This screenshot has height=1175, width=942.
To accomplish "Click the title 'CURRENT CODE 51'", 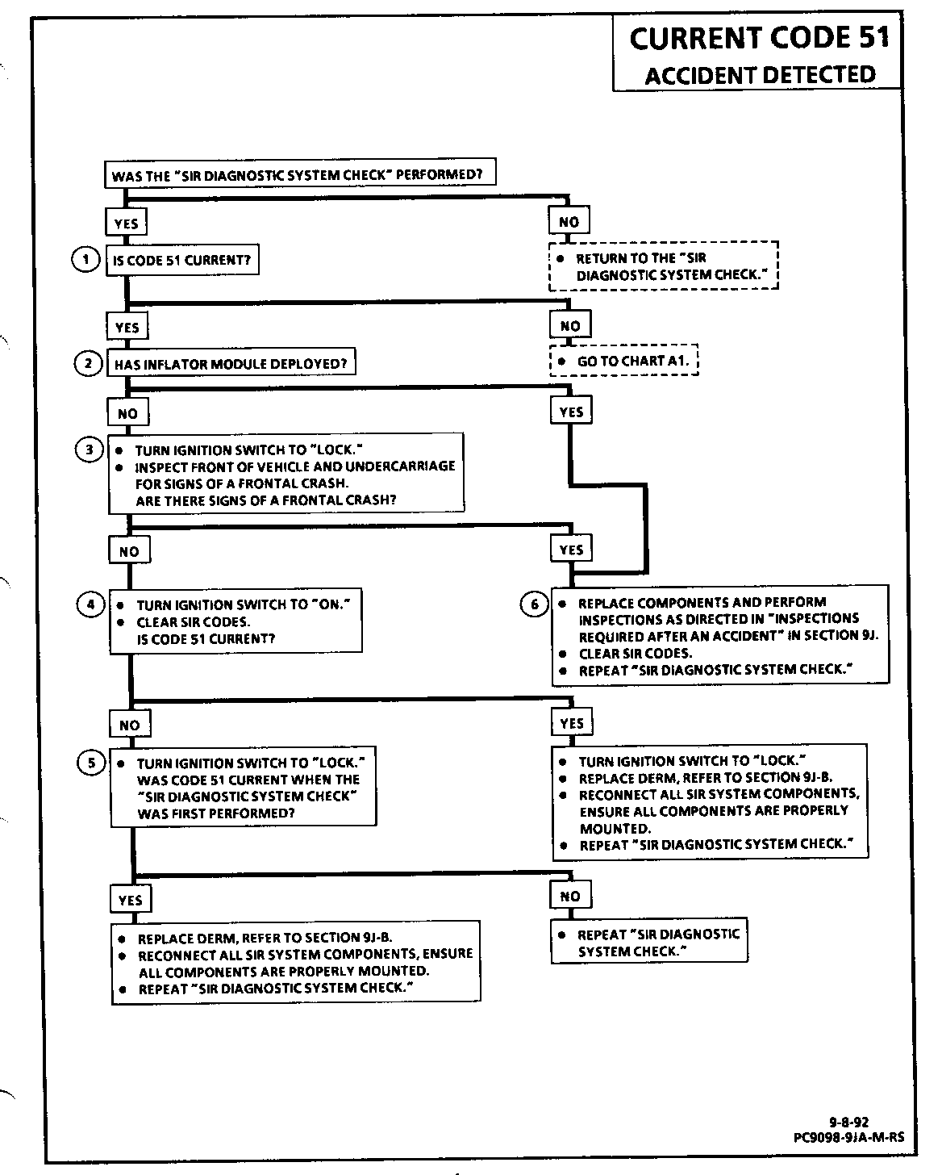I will click(x=759, y=38).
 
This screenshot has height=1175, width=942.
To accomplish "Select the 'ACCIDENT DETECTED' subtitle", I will click(x=760, y=75).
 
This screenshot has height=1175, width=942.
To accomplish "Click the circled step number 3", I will click(x=89, y=450).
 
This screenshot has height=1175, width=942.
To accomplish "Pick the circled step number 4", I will click(x=90, y=604).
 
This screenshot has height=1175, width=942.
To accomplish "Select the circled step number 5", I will click(x=90, y=762).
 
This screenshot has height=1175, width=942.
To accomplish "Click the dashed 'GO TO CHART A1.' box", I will click(x=624, y=361).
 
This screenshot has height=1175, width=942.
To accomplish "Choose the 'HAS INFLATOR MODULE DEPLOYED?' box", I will click(x=231, y=364).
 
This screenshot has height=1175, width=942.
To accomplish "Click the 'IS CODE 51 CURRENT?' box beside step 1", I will click(x=182, y=261).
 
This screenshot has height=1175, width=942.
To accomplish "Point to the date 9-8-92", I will click(x=848, y=1121).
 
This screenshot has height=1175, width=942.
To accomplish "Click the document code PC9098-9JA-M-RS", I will click(x=848, y=1137).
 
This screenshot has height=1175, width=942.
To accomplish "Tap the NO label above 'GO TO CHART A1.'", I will click(x=569, y=326).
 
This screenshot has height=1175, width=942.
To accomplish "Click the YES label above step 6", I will click(x=571, y=550).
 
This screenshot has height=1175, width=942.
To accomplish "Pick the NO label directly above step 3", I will click(x=127, y=414).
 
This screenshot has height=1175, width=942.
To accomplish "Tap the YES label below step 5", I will click(x=130, y=900).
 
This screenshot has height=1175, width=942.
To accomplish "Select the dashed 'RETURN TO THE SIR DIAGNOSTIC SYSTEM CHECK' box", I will click(x=664, y=266).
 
